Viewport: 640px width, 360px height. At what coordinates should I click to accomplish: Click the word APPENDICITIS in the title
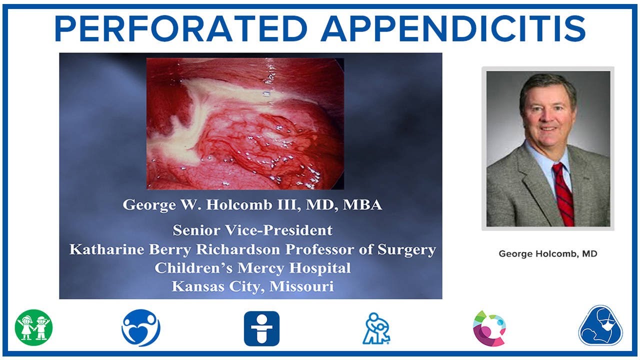tap(453, 29)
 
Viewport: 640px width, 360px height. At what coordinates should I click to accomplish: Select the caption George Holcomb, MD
tap(548, 254)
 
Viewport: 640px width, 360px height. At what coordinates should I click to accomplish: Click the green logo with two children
tap(33, 328)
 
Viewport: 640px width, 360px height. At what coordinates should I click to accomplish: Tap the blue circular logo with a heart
tap(141, 328)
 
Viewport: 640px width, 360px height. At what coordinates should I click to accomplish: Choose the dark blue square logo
tap(261, 328)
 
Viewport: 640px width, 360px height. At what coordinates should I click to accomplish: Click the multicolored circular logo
tap(489, 328)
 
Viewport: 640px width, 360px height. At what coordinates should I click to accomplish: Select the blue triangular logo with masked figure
tap(600, 326)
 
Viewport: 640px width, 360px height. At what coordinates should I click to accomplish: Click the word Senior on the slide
tap(196, 230)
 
